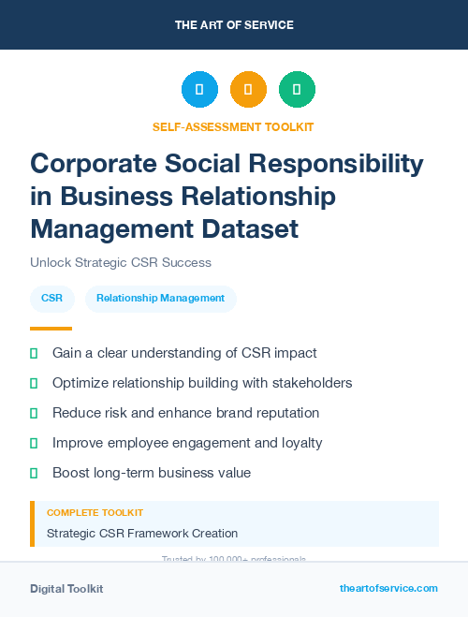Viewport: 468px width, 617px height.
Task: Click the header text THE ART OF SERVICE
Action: pyautogui.click(x=233, y=24)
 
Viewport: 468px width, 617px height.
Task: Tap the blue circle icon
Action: pyautogui.click(x=199, y=89)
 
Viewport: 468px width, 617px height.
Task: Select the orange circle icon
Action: pyautogui.click(x=248, y=89)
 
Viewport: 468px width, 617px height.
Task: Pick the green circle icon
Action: pyautogui.click(x=297, y=89)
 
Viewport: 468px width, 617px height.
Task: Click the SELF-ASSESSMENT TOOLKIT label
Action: pyautogui.click(x=233, y=126)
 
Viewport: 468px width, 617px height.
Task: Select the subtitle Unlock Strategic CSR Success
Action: pyautogui.click(x=121, y=262)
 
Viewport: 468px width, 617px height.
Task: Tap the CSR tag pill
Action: pyautogui.click(x=52, y=299)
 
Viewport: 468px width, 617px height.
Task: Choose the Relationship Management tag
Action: pyautogui.click(x=160, y=299)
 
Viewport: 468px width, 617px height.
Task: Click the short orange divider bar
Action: pyautogui.click(x=51, y=329)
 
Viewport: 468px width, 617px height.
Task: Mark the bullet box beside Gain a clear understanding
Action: pyautogui.click(x=34, y=354)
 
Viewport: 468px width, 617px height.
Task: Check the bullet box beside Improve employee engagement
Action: pyautogui.click(x=34, y=443)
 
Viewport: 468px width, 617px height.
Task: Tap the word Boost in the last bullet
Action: pyautogui.click(x=72, y=473)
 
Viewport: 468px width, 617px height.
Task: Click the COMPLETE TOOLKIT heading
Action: pyautogui.click(x=95, y=513)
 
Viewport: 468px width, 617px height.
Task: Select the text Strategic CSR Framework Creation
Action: pyautogui.click(x=142, y=534)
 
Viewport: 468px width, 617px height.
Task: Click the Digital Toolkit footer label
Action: pyautogui.click(x=66, y=589)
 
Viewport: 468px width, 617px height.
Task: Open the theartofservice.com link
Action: pyautogui.click(x=388, y=588)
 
